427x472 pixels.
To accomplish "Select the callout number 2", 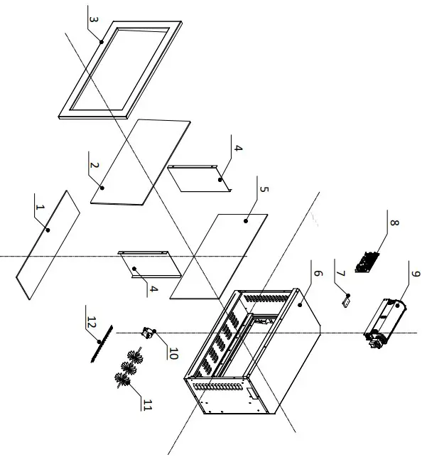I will tap(93, 165).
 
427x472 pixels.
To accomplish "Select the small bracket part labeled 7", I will tap(346, 301).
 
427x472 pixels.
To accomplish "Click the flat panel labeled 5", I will tap(220, 256).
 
